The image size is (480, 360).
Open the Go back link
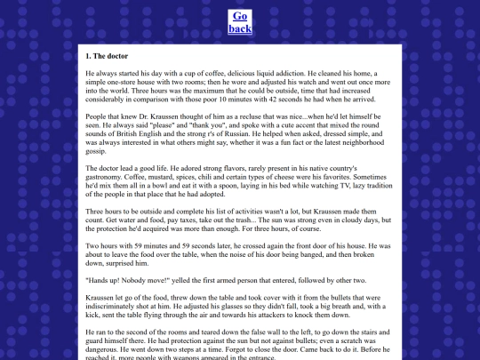point(240,22)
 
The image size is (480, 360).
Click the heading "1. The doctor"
point(108,56)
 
